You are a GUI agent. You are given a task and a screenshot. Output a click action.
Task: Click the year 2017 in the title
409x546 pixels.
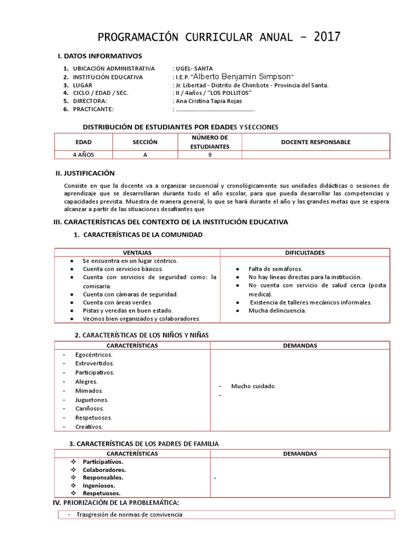coord(326,37)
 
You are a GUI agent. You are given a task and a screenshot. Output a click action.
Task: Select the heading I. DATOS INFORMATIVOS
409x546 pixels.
coord(100,56)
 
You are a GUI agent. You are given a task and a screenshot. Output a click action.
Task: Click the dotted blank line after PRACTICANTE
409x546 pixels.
coord(215,109)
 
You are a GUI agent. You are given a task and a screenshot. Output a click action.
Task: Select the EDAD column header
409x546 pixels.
coord(83,142)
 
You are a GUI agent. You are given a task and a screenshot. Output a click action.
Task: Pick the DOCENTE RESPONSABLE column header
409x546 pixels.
coord(316,142)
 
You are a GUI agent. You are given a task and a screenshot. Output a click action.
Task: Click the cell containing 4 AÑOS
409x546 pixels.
coord(83,155)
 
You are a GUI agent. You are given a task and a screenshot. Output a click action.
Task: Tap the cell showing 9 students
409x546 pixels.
coord(210,155)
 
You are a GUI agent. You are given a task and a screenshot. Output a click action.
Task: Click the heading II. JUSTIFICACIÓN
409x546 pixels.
coord(85,173)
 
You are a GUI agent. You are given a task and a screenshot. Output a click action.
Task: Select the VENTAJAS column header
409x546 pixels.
coord(137,252)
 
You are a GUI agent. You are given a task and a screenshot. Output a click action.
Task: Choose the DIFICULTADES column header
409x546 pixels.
coord(305,252)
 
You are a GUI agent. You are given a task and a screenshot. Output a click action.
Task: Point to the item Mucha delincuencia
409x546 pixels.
coord(277,310)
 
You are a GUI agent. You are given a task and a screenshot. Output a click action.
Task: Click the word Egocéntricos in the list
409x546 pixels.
coord(94,355)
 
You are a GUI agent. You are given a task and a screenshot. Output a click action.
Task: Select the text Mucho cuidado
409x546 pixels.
coord(253,386)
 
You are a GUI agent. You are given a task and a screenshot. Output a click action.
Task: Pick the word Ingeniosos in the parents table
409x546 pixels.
coord(101,486)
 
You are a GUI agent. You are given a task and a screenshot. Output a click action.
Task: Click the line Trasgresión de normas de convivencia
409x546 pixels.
coord(129,515)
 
